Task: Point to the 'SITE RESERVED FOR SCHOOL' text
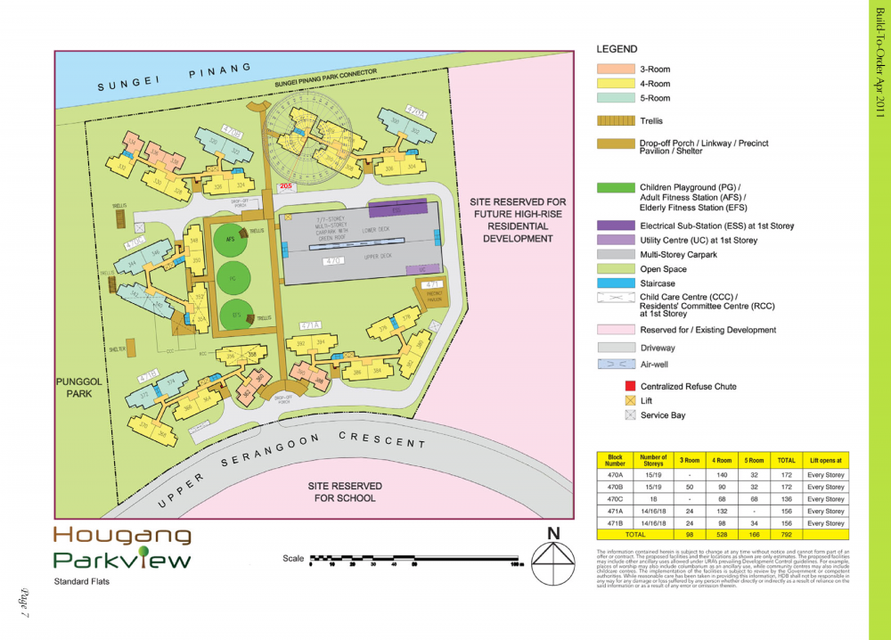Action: [345, 492]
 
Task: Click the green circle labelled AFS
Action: [230, 240]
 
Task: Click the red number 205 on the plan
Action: [285, 186]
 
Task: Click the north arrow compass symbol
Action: [553, 557]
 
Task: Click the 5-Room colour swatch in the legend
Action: [613, 98]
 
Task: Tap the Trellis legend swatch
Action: [613, 121]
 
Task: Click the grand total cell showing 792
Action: [786, 535]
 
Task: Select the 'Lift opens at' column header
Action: [825, 461]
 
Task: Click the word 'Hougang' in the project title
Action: [122, 535]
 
